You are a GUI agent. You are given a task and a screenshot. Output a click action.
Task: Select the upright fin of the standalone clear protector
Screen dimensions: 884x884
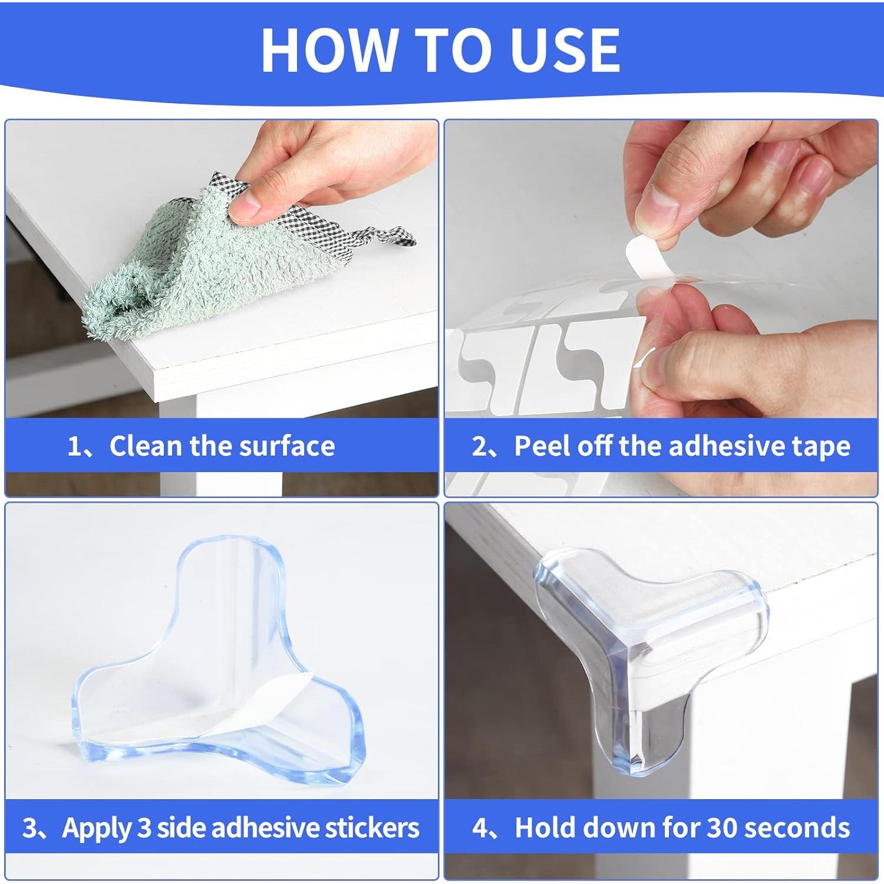coord(236,589)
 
